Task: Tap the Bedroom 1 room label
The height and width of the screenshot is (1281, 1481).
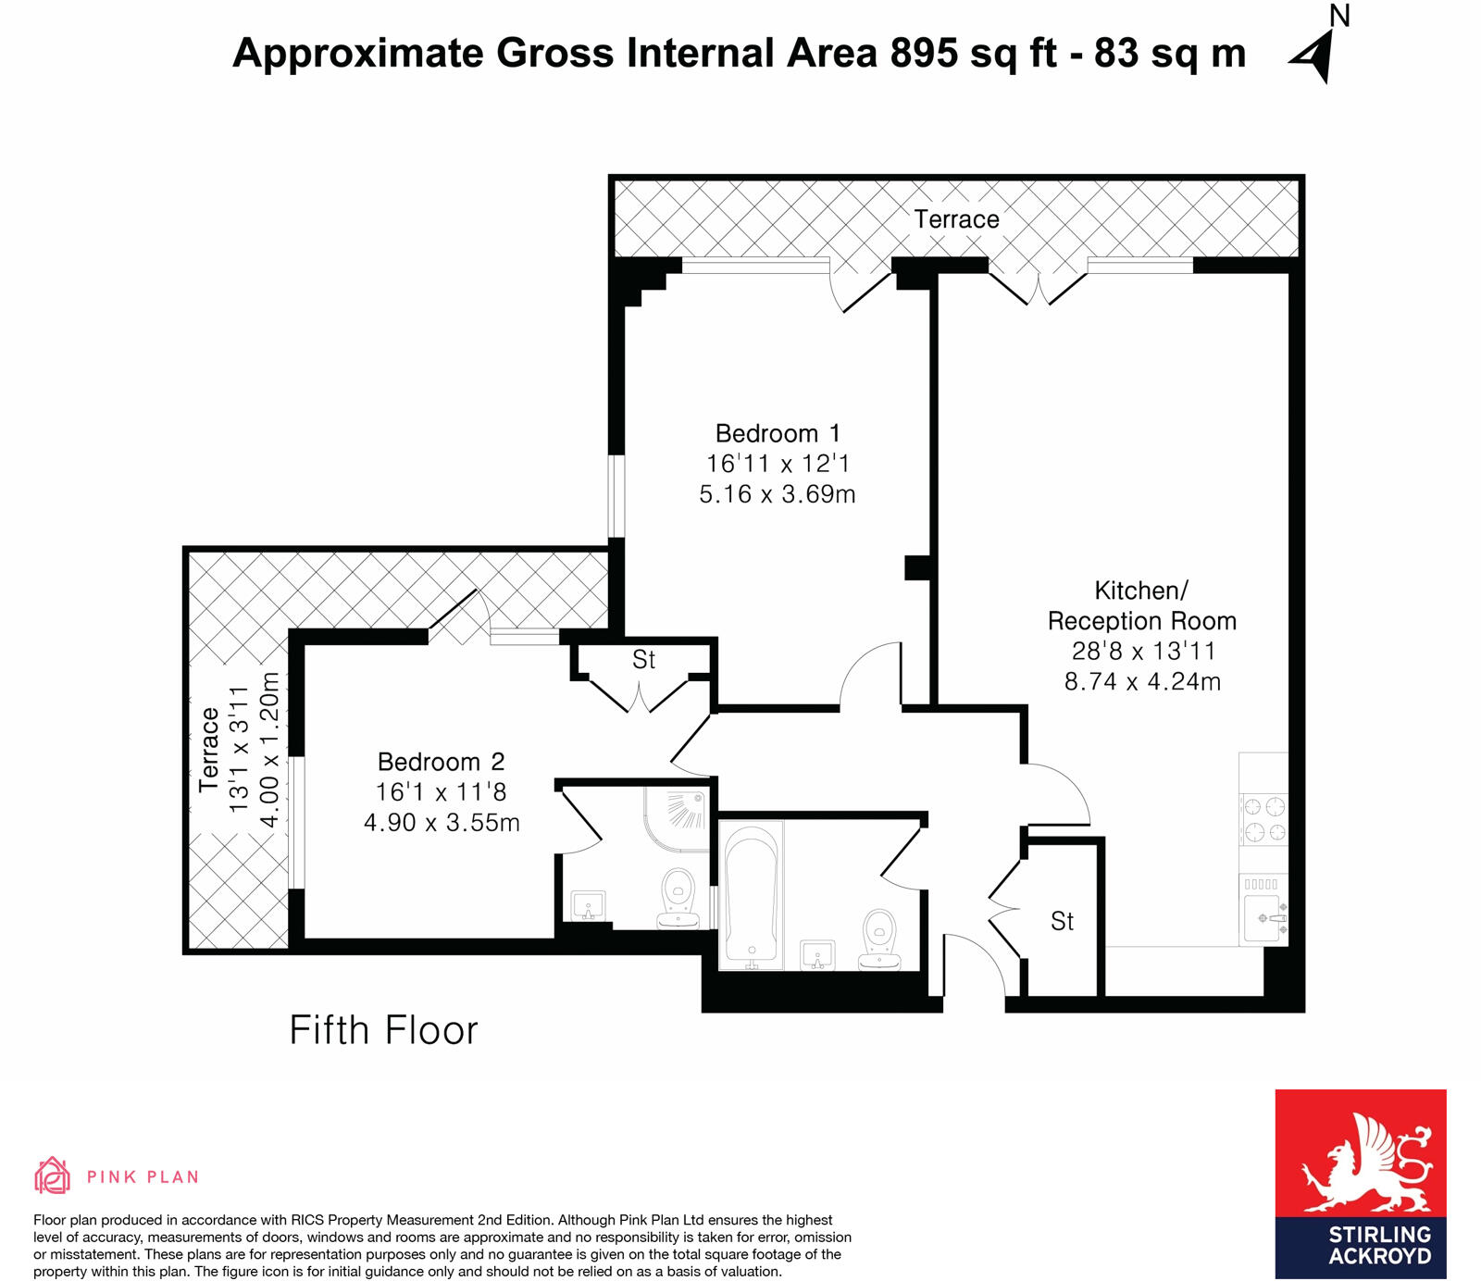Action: [x=778, y=433]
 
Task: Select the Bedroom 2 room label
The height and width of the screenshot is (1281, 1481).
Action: [x=441, y=762]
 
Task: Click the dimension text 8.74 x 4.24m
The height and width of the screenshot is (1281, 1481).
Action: [x=1142, y=682]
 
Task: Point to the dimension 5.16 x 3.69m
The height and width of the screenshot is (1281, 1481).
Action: [x=778, y=494]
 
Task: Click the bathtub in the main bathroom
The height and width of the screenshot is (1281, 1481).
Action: [x=752, y=894]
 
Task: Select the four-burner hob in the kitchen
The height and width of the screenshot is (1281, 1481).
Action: [x=1263, y=818]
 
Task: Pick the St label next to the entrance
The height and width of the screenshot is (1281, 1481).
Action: [x=1062, y=921]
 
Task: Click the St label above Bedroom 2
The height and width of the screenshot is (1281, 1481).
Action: [x=643, y=660]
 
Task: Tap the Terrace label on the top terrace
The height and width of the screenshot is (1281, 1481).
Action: [x=956, y=219]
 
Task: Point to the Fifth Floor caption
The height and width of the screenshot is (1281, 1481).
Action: [x=383, y=1030]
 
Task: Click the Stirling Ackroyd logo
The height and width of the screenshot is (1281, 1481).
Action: [x=1360, y=1184]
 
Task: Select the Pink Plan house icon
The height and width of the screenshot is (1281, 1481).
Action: [x=52, y=1175]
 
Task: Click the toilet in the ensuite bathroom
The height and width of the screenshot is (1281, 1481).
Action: [x=678, y=896]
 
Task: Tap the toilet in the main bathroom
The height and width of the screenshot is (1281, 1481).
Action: [x=879, y=937]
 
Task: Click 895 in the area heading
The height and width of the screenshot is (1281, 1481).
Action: [x=924, y=53]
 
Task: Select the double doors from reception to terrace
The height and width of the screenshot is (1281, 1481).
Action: [x=1038, y=283]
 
